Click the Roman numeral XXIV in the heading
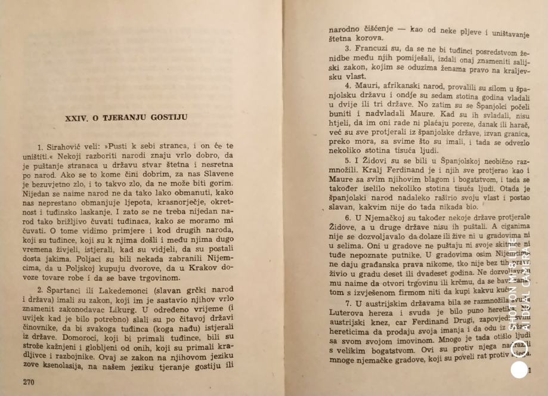[x=76, y=118]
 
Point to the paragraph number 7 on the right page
[x=348, y=303]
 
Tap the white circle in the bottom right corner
[x=519, y=371]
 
